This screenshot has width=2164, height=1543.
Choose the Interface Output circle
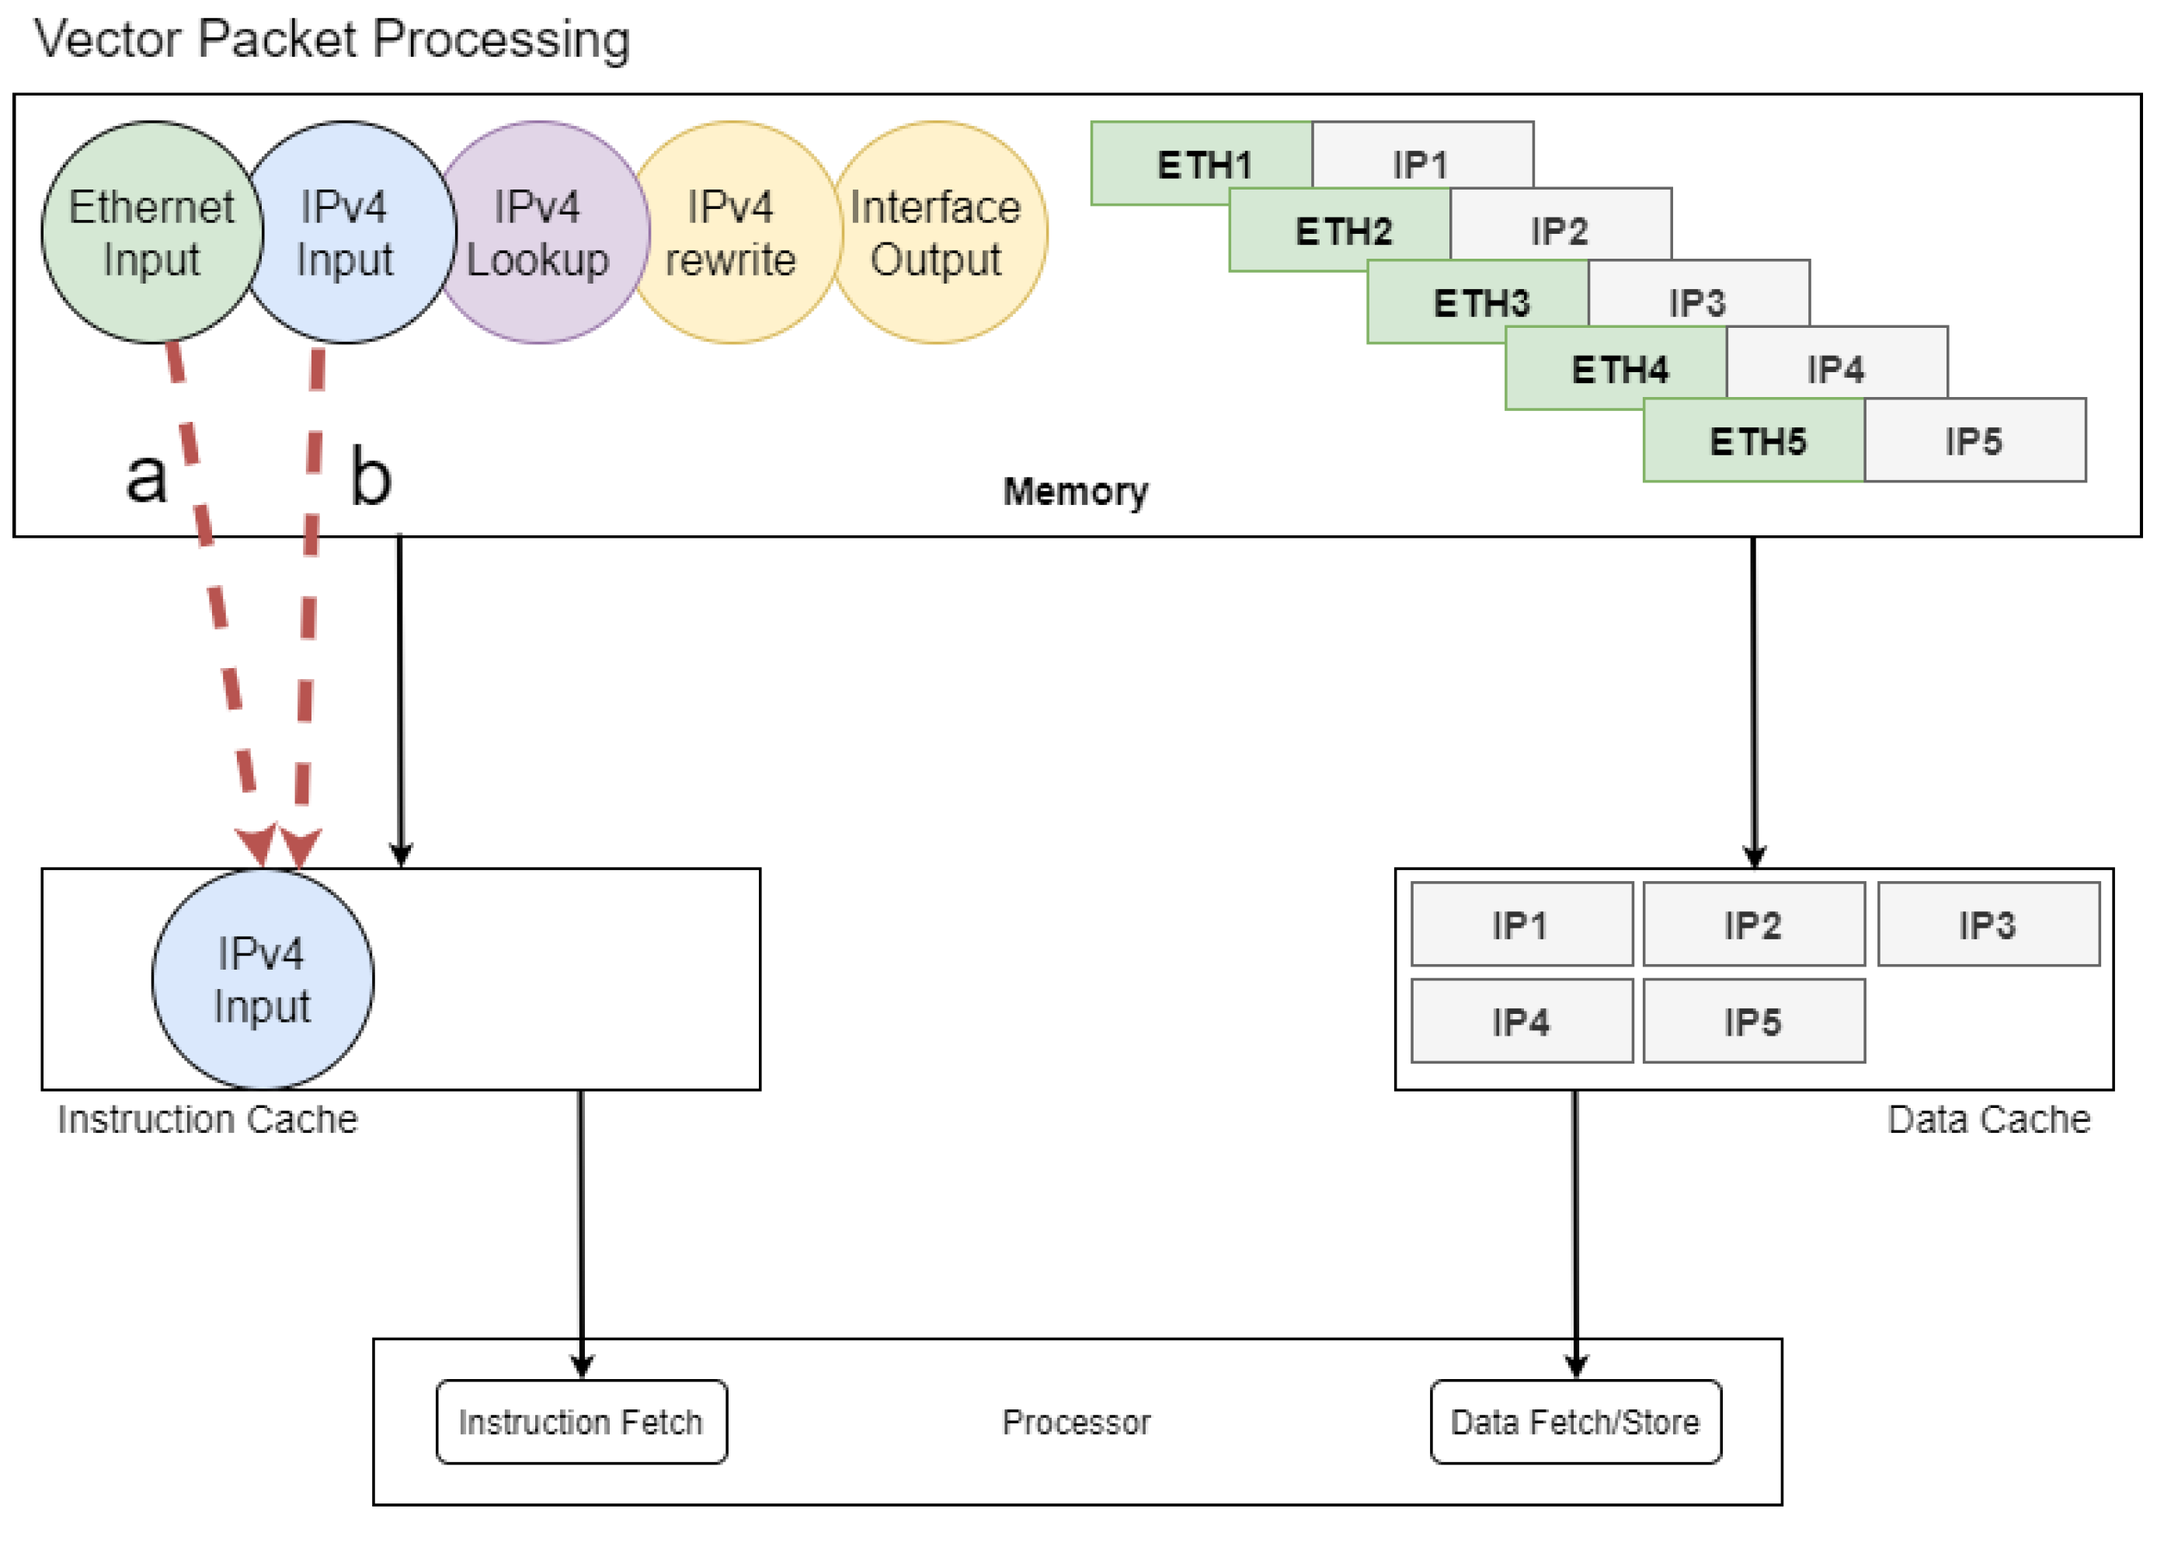(938, 233)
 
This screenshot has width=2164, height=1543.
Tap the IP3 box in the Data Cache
(1988, 925)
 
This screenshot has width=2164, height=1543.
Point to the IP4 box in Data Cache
(1521, 1022)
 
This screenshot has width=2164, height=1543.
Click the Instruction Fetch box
(581, 1423)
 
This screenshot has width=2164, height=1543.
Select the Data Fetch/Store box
(1575, 1423)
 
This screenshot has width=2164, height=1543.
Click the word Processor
(1077, 1423)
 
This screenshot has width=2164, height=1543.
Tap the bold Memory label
(1075, 492)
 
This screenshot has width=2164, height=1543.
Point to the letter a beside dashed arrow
(146, 477)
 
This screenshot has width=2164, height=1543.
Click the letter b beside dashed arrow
(371, 477)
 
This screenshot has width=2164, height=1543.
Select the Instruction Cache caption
(207, 1120)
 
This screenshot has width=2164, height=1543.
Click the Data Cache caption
(1988, 1120)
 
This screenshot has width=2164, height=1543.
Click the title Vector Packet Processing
(332, 40)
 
